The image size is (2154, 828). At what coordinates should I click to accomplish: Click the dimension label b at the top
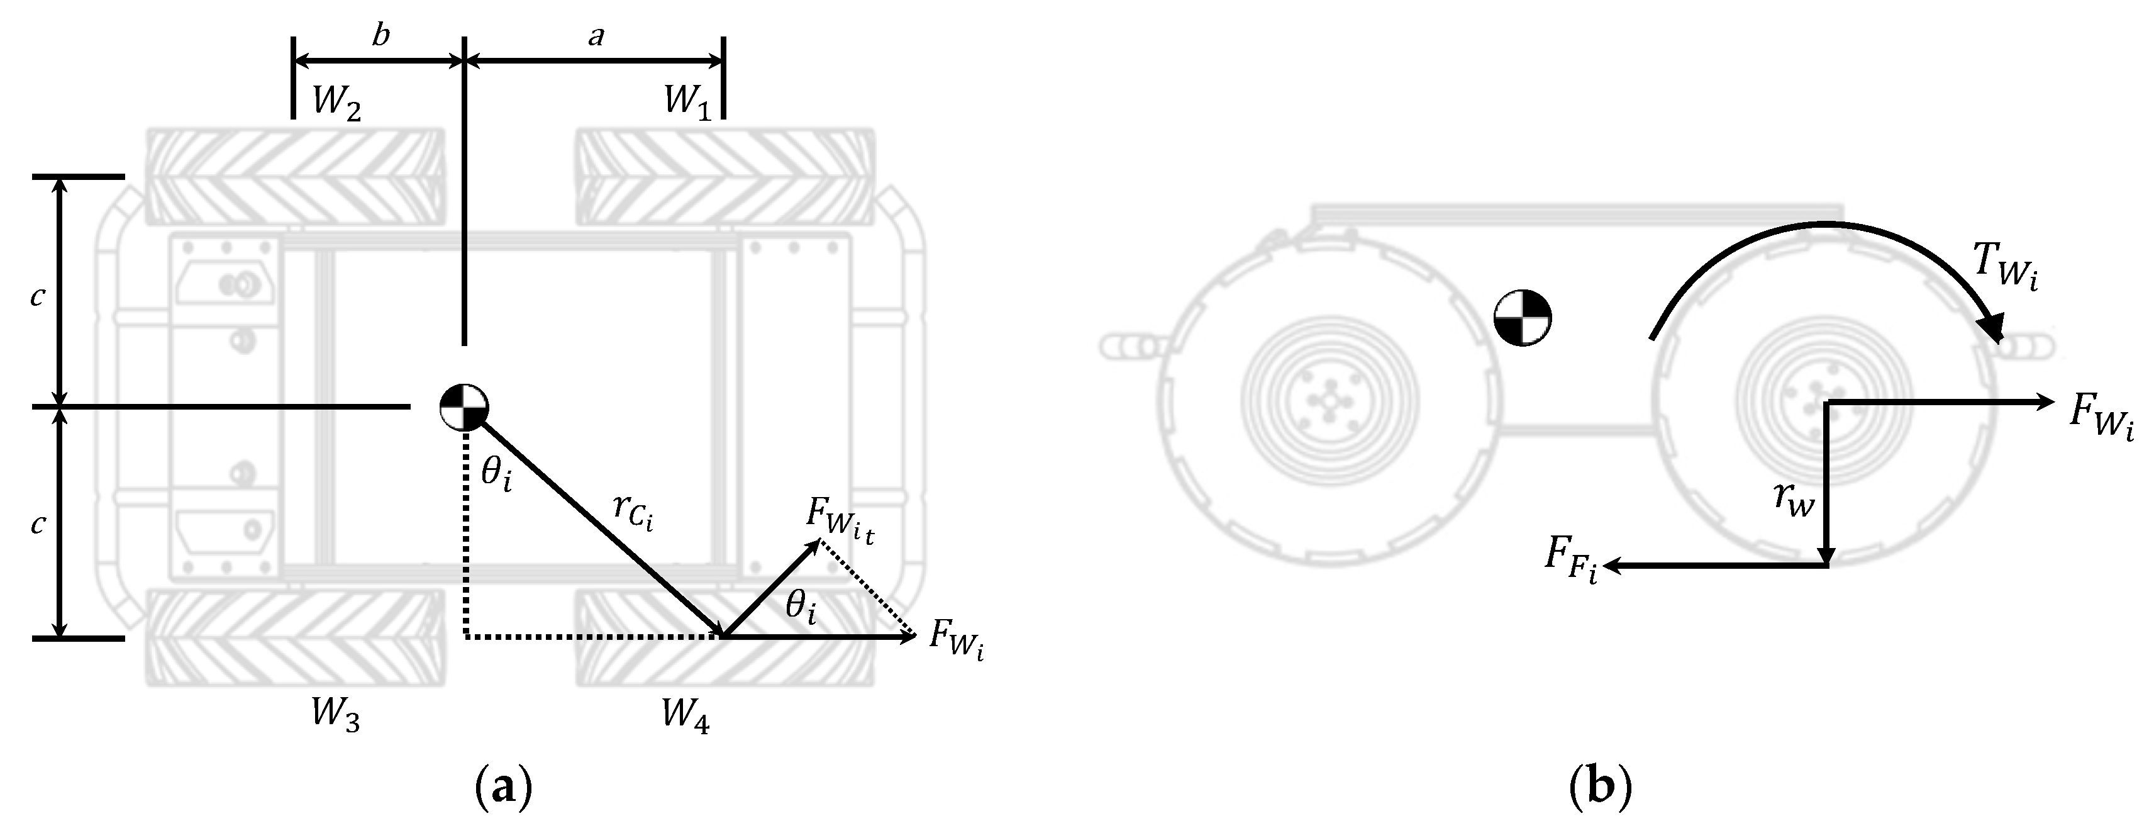pyautogui.click(x=380, y=36)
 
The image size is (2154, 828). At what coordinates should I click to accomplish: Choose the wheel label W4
pyautogui.click(x=685, y=715)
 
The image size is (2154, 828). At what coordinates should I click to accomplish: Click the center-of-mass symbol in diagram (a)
pyautogui.click(x=464, y=407)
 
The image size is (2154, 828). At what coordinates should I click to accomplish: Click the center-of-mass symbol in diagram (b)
pyautogui.click(x=1522, y=318)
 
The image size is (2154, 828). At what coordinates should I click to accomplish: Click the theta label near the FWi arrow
pyautogui.click(x=800, y=607)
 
